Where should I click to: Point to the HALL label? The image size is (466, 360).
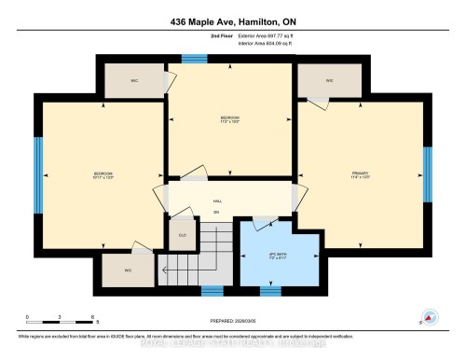click(x=217, y=201)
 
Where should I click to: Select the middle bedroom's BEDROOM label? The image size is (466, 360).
click(x=230, y=118)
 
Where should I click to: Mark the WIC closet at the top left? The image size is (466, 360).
click(x=133, y=81)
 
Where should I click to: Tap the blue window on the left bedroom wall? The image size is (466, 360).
click(x=38, y=164)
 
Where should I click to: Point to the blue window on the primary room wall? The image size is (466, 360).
click(x=426, y=167)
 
